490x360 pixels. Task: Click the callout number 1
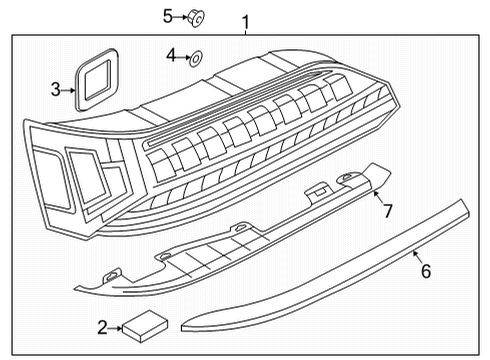tap(245, 22)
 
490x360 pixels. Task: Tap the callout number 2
tap(102, 327)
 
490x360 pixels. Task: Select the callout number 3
tap(56, 90)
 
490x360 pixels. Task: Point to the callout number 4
tap(171, 55)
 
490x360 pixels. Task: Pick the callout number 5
tap(168, 16)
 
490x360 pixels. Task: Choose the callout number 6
tap(426, 271)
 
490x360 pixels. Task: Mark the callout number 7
tap(387, 211)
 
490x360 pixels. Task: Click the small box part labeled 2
tap(145, 326)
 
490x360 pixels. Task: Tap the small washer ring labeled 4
tap(196, 59)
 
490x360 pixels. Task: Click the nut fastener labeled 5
tap(196, 18)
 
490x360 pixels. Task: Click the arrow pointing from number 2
tap(116, 328)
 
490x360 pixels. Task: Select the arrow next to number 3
tap(69, 90)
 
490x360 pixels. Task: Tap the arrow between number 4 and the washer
tap(183, 57)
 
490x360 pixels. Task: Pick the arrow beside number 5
tap(180, 16)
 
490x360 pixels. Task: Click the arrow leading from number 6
tap(418, 257)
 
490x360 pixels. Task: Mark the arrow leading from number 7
tap(378, 197)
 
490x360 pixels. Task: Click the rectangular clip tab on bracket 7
tap(320, 191)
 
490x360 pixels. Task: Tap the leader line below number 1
tap(246, 32)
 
